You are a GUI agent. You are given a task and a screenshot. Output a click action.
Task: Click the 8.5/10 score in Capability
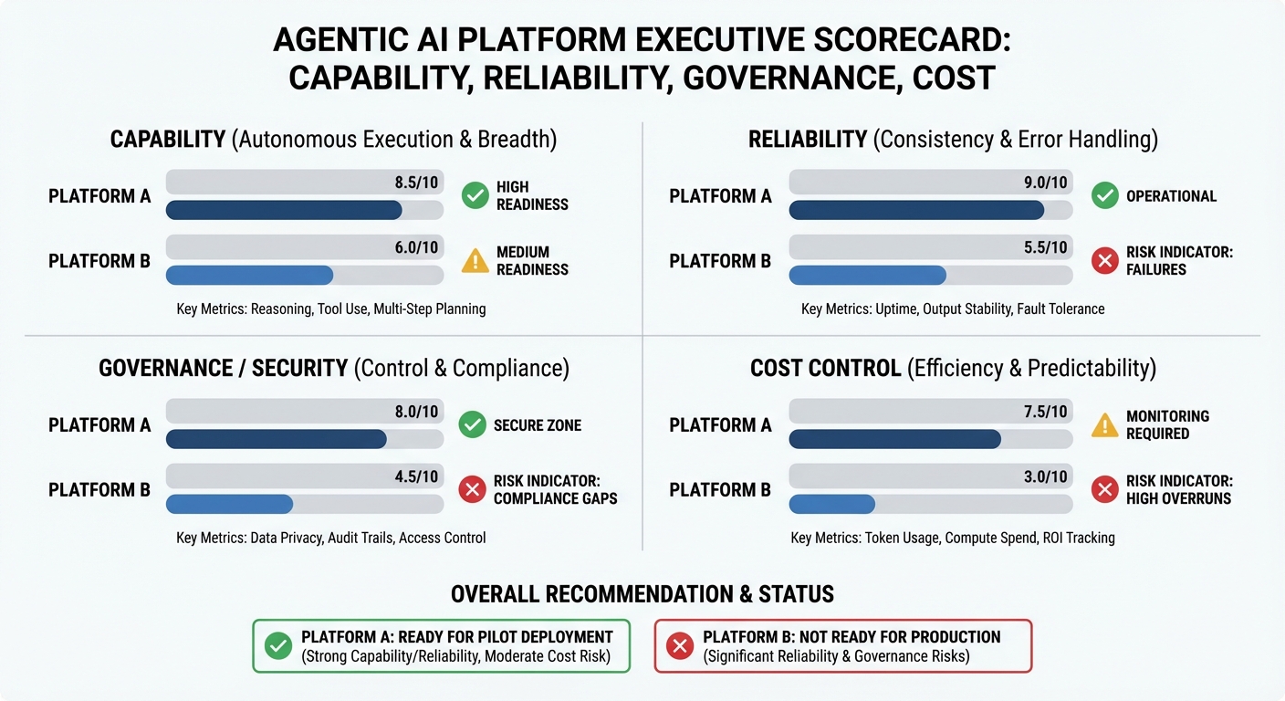tap(416, 183)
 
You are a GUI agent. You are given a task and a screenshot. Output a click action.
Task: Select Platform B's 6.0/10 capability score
tap(416, 247)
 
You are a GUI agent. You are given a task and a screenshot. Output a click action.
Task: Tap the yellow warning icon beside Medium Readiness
tap(475, 261)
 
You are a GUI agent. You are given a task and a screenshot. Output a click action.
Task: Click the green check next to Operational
tap(1105, 195)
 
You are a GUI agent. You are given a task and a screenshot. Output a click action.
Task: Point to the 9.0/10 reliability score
tap(1046, 183)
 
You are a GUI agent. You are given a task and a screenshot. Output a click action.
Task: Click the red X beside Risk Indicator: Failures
tap(1105, 261)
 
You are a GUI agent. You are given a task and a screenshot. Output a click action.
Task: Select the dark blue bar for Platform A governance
tap(276, 439)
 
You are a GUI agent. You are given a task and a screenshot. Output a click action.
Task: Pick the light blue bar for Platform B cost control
tap(831, 504)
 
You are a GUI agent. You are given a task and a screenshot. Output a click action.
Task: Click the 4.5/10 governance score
tap(416, 476)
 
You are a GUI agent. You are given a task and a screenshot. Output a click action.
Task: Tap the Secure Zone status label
tap(537, 425)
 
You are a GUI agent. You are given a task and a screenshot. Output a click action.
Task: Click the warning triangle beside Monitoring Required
tap(1105, 425)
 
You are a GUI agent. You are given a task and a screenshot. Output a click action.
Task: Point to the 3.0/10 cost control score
tap(1046, 476)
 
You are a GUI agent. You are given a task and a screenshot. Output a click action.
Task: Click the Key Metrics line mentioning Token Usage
tap(953, 538)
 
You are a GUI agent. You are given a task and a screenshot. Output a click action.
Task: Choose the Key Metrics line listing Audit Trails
tap(330, 538)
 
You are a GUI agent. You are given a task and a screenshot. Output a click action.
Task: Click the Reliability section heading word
tap(807, 140)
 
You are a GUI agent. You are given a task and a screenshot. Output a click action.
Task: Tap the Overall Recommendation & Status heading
tap(642, 594)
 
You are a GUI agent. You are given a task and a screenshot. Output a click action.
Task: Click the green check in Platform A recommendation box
tap(277, 646)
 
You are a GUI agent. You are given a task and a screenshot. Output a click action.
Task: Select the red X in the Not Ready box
tap(679, 646)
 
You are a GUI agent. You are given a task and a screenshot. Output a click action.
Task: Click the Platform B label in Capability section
tap(99, 261)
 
